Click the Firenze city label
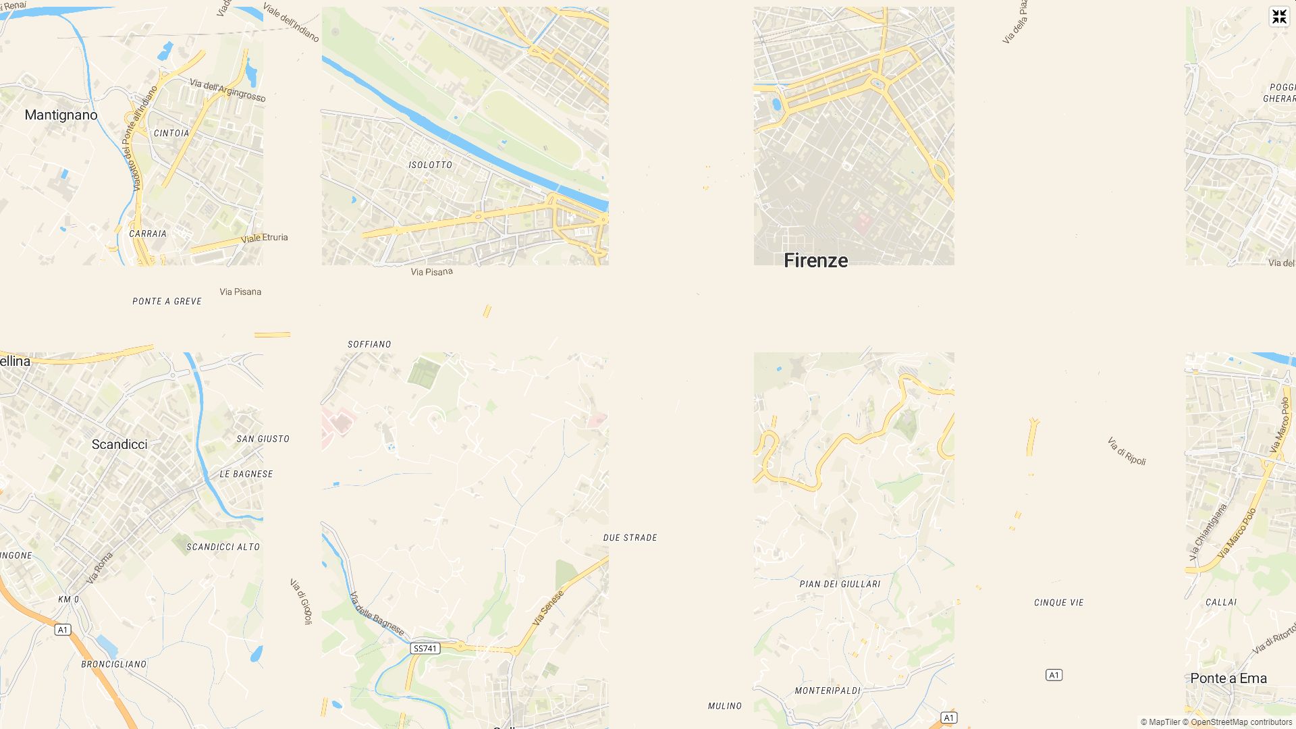(x=815, y=261)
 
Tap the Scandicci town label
(x=119, y=444)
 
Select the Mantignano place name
(x=61, y=115)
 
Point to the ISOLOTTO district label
(x=431, y=165)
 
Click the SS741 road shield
(x=425, y=649)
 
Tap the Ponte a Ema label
(x=1228, y=678)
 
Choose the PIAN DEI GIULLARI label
(x=840, y=584)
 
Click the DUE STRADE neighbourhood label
(x=630, y=538)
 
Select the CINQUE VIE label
(x=1058, y=603)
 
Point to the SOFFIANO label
(x=369, y=344)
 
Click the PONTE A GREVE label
(x=167, y=302)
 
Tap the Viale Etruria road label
(x=265, y=238)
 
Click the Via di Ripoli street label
(x=1127, y=451)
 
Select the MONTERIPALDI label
(x=828, y=691)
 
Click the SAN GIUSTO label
(x=263, y=439)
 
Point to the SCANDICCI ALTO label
(x=223, y=547)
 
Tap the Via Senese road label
(x=548, y=607)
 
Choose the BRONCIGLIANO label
(x=114, y=664)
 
